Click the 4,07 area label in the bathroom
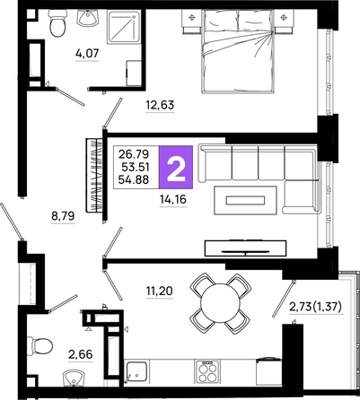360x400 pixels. point(87,54)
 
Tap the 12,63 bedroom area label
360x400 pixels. point(160,105)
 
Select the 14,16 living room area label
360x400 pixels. point(173,199)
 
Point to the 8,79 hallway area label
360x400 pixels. point(63,215)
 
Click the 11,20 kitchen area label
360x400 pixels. point(160,291)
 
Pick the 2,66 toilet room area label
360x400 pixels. point(81,355)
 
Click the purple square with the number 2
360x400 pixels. point(176,167)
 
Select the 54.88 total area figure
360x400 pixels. point(134,179)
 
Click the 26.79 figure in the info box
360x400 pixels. point(134,154)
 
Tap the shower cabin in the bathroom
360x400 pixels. point(124,27)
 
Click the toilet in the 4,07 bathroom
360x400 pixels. point(57,22)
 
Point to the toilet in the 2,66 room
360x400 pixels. point(40,346)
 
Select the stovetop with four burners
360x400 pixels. point(207,371)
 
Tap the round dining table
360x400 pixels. point(220,303)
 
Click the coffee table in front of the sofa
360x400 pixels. point(245,200)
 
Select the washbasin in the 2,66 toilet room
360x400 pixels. point(74,378)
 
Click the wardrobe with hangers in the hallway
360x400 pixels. point(94,175)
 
